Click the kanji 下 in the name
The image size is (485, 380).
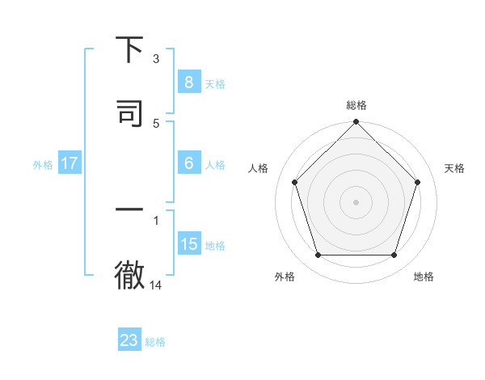129,50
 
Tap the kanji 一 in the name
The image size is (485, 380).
129,209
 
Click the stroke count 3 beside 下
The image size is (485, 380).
156,59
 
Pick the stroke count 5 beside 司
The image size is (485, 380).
156,123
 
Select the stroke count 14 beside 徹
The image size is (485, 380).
156,285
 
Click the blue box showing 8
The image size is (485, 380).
188,82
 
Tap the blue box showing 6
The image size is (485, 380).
188,163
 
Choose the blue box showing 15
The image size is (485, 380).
188,243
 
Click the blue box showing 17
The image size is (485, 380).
70,163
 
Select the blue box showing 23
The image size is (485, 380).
129,340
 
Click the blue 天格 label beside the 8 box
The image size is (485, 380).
215,83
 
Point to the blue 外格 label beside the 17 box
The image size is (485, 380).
43,165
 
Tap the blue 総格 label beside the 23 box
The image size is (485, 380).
155,342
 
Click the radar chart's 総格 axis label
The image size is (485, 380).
356,106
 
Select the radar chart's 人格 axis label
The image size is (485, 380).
259,168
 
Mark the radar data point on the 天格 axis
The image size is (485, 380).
417,182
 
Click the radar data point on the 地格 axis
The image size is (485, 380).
394,255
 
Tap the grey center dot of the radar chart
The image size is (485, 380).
356,201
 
